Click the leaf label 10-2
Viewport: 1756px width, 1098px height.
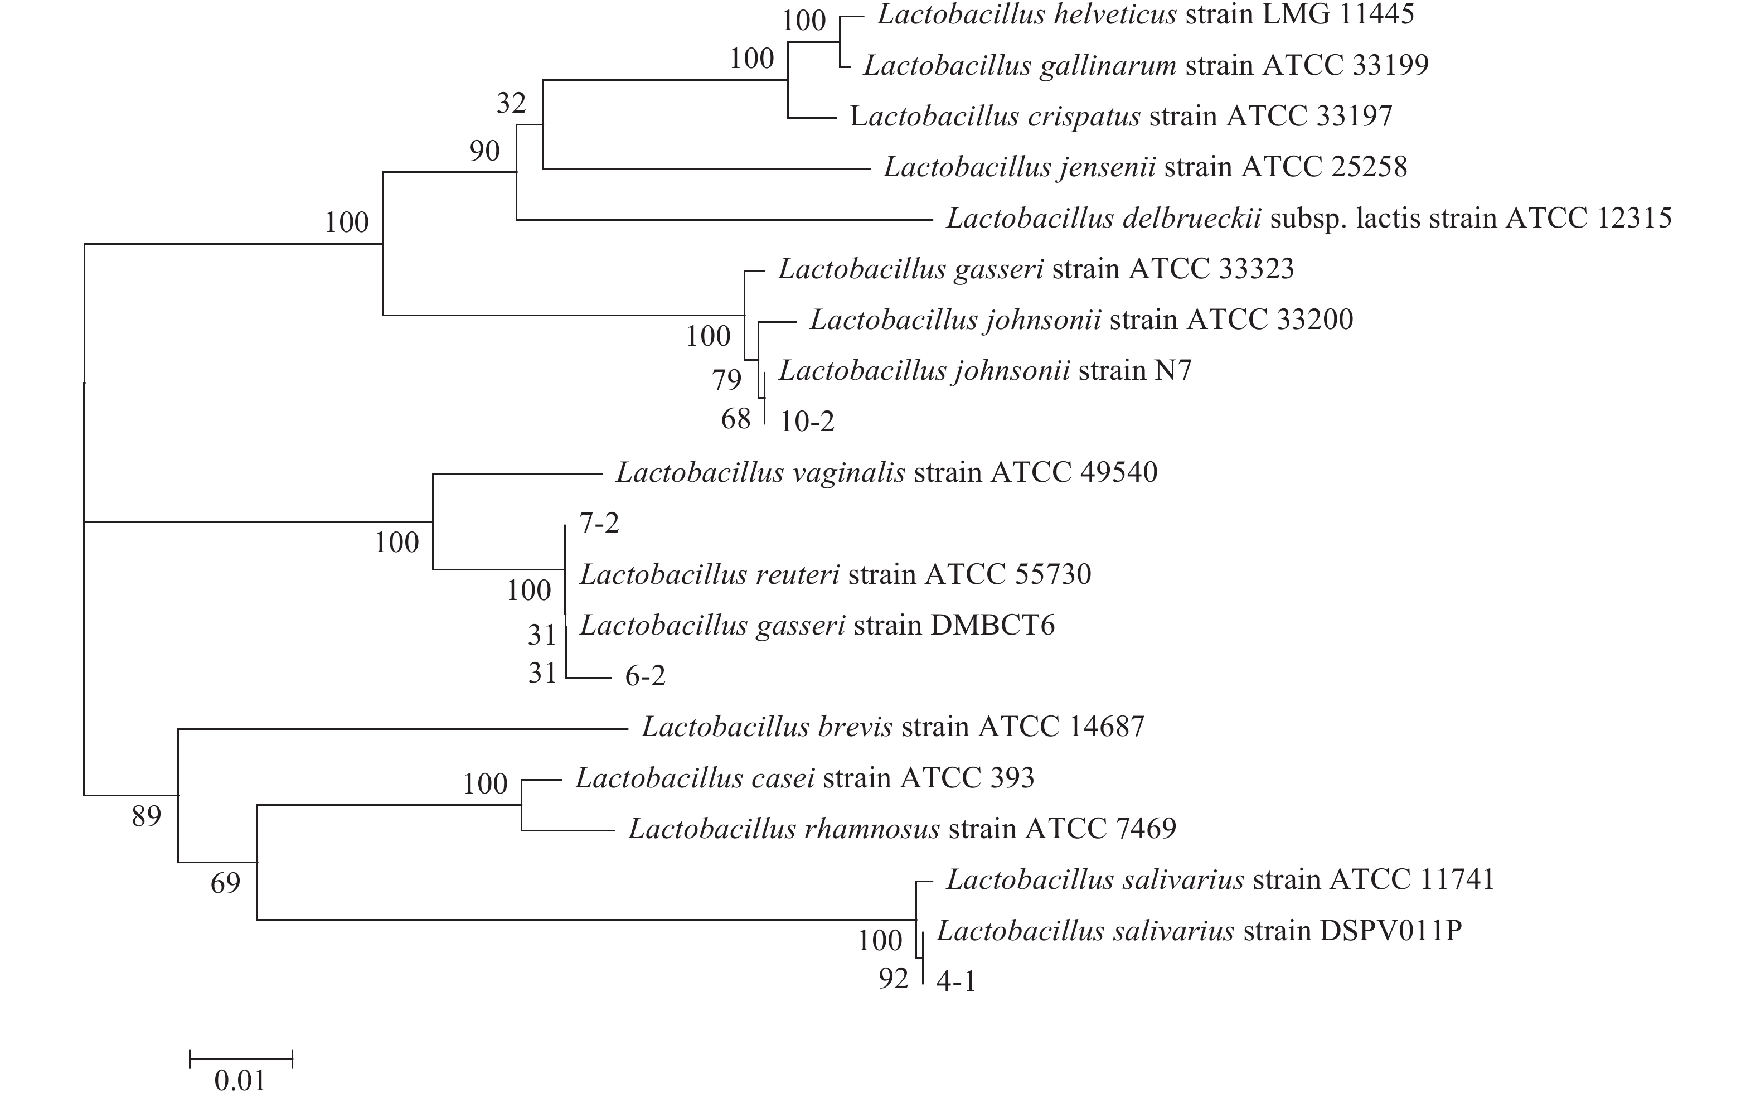807,421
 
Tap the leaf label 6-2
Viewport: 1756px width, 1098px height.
644,676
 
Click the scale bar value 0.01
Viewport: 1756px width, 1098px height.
240,1081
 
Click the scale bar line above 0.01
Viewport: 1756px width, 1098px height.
240,1059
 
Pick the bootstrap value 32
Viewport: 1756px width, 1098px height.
511,104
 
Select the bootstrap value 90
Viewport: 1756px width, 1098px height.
484,151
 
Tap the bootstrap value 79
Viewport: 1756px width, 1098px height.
726,380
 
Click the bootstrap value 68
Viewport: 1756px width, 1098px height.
735,419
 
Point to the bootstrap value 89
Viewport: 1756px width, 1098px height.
146,817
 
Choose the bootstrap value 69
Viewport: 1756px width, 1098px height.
225,884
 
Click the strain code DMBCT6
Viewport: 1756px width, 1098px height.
992,625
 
